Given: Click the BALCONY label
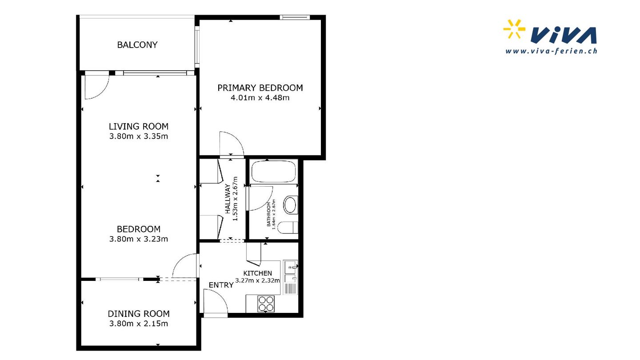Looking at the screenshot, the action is pos(137,45).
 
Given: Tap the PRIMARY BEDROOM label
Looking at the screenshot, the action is pos(260,88).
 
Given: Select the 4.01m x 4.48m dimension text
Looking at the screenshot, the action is pos(260,98).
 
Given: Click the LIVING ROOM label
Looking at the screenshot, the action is pos(139,126).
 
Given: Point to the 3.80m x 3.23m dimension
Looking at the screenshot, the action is pos(139,239).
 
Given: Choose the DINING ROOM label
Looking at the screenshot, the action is pos(139,314).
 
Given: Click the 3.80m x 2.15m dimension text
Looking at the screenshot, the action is pos(139,324).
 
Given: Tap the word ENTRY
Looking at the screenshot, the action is pos(221,285).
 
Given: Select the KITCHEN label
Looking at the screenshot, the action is pos(257,273).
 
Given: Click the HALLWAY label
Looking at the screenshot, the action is pos(228,199).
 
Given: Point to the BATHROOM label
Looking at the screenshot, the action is pos(268,214).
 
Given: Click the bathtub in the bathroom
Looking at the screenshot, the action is pos(273,172).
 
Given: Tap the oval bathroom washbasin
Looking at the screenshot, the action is pos(290,204).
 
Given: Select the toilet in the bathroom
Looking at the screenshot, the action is pos(288,228).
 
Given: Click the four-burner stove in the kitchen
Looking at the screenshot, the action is pos(266,304).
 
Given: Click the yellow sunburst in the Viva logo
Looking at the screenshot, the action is pos(514,29).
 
